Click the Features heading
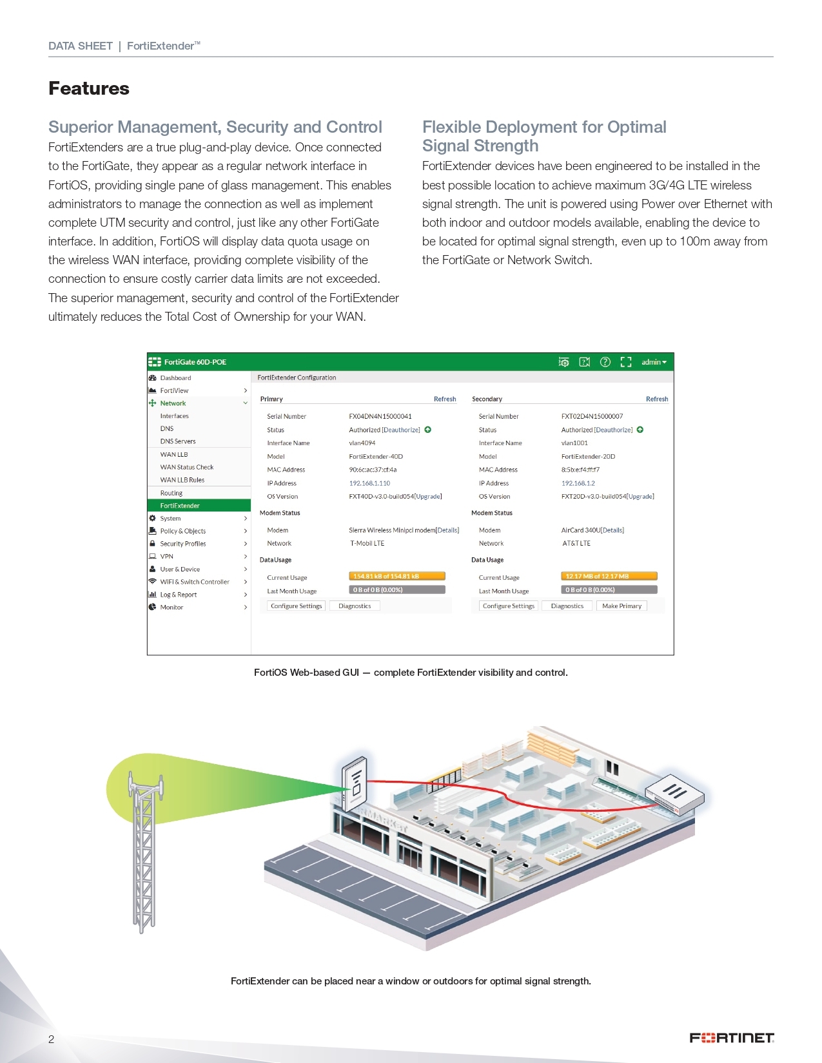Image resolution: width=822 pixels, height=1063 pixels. pyautogui.click(x=89, y=88)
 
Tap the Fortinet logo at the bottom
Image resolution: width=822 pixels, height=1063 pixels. pyautogui.click(x=731, y=1038)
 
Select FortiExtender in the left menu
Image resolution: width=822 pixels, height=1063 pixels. pyautogui.click(x=180, y=506)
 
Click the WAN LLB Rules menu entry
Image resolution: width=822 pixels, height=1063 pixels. pyautogui.click(x=182, y=480)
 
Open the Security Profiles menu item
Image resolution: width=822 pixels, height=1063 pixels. pyautogui.click(x=183, y=544)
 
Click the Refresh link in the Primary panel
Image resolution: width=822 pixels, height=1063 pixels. pyautogui.click(x=445, y=399)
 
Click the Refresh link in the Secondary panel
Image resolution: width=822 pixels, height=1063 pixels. pyautogui.click(x=657, y=399)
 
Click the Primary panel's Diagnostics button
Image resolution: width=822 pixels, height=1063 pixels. pyautogui.click(x=355, y=606)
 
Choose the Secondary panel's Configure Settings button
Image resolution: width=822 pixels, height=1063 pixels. pyautogui.click(x=509, y=606)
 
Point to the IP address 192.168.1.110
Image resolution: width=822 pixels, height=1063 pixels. pyautogui.click(x=369, y=483)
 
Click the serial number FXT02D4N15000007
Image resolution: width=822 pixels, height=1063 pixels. pyautogui.click(x=592, y=417)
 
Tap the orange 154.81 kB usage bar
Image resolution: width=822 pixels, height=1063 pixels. pyautogui.click(x=397, y=577)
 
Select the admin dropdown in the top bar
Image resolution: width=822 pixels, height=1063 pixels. pyautogui.click(x=654, y=362)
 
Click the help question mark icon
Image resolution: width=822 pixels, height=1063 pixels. pyautogui.click(x=605, y=362)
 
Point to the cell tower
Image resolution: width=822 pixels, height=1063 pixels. pyautogui.click(x=144, y=850)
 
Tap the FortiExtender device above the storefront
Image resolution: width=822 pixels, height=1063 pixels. pyautogui.click(x=355, y=783)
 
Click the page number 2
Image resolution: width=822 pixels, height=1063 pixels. pyautogui.click(x=52, y=1039)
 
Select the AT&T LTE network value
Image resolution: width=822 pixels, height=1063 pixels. pyautogui.click(x=576, y=544)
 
